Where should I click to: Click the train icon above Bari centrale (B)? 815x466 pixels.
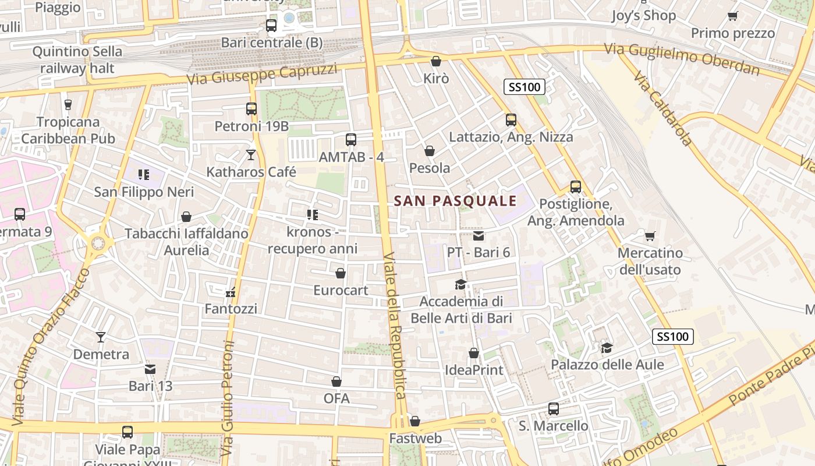coord(271,25)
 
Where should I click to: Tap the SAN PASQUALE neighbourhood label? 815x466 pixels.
coord(455,201)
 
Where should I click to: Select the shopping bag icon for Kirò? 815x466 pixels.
coord(435,61)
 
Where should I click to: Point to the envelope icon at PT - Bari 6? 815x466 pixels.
coord(478,236)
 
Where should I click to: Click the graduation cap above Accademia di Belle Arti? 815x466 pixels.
coord(460,285)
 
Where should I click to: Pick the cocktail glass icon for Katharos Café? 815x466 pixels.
coord(251,155)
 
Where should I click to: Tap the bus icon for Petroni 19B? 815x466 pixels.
coord(251,109)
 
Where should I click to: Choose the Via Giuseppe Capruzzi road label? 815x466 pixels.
coord(262,74)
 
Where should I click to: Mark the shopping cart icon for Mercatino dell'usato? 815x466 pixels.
coord(650,236)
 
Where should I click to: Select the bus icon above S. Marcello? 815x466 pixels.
coord(553,409)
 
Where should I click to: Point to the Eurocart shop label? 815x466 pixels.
coord(341,290)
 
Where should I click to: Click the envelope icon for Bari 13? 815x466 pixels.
coord(150,369)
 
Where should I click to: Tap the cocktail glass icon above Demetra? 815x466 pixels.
coord(101,337)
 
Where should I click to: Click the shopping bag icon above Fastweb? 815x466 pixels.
coord(414,421)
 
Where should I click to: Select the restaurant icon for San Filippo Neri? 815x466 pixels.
coord(144,174)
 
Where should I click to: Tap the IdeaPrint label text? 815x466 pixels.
coord(474,370)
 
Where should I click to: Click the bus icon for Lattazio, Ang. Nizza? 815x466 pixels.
coord(511,120)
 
